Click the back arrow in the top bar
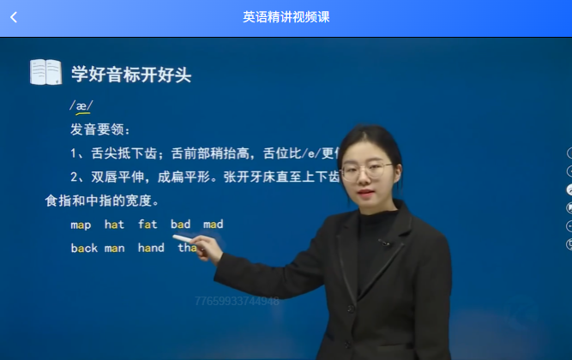point(14,17)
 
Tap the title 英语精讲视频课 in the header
point(286,17)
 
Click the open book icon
point(45,72)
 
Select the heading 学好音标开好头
point(130,75)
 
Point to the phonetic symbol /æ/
point(81,106)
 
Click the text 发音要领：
point(100,130)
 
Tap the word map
point(81,225)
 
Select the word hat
point(114,225)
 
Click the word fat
point(148,225)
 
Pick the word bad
point(180,225)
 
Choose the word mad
point(213,225)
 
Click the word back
point(84,248)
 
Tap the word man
point(114,248)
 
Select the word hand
point(150,248)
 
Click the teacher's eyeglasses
point(368,171)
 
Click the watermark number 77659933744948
point(237,301)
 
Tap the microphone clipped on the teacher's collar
point(383,243)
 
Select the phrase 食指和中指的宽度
point(101,201)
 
